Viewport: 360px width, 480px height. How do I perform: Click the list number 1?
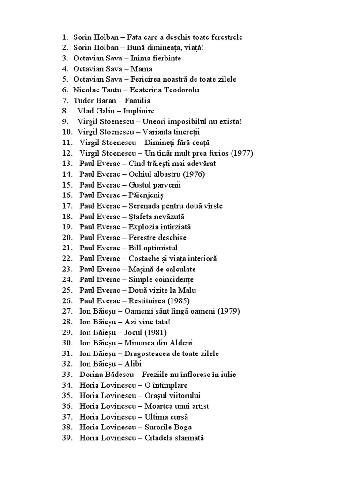click(65, 37)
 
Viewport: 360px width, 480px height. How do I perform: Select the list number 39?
click(67, 437)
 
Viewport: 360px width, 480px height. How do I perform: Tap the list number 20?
click(67, 238)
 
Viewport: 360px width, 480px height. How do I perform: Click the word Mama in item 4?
click(141, 69)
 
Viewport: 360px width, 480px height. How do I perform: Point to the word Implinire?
click(139, 111)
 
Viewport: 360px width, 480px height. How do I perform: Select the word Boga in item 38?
click(182, 427)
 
